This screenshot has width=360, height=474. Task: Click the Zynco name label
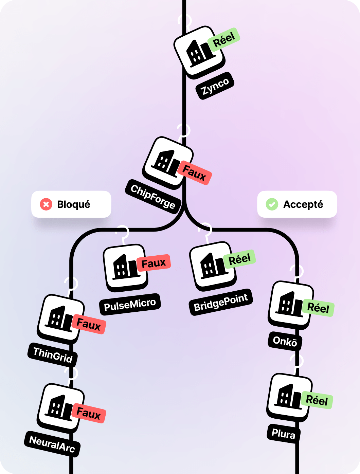point(215,86)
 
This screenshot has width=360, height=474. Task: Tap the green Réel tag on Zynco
point(224,39)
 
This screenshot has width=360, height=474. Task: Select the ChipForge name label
point(153,197)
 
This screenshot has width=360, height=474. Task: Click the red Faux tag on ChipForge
point(194,173)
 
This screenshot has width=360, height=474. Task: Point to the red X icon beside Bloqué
point(46,204)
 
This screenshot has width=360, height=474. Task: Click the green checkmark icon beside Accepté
point(272,204)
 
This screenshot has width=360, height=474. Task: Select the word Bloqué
point(74,204)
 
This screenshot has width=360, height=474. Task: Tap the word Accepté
point(303,204)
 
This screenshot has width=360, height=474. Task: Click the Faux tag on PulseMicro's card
point(154,263)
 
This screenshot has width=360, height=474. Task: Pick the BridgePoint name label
point(221,302)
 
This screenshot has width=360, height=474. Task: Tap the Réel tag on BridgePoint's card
point(239,259)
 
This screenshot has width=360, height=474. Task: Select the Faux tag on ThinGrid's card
point(89,324)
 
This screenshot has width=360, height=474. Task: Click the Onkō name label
point(285,341)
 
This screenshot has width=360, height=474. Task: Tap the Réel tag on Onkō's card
point(318,308)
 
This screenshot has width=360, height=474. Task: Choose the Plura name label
point(283,434)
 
